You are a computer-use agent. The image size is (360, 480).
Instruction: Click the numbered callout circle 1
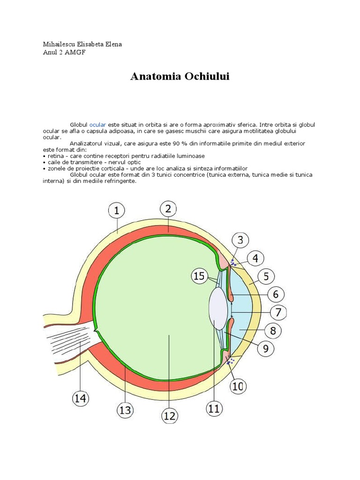point(116,211)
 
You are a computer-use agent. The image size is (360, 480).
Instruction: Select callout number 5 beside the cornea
point(266,277)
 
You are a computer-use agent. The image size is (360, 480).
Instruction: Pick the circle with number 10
point(238,386)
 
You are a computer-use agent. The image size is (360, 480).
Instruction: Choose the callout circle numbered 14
point(80,398)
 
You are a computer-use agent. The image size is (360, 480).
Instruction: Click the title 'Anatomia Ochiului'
point(180,76)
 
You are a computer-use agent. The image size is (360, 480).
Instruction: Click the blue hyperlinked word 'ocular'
point(98,125)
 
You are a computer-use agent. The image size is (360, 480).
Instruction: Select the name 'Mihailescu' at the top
point(59,45)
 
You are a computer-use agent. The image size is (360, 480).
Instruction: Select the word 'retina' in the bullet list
point(54,156)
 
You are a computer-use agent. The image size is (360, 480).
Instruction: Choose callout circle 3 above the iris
point(240,241)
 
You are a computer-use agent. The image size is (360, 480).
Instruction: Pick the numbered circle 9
point(265,348)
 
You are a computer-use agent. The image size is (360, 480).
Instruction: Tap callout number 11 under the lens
point(214,408)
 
